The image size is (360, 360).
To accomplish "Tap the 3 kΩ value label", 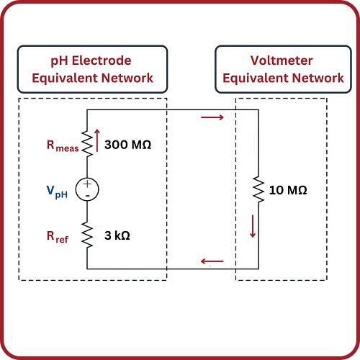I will pos(122,235).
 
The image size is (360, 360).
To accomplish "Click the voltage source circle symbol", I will pos(87,189).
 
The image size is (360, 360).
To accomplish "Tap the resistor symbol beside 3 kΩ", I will pos(87,234).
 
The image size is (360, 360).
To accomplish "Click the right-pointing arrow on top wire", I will pos(214,117).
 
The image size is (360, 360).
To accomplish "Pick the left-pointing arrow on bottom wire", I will pos(213,261).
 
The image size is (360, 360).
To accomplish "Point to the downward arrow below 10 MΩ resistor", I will pos(253,227).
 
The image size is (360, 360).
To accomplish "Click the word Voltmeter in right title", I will pos(277,60).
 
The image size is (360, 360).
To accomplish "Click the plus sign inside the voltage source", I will pos(87,184).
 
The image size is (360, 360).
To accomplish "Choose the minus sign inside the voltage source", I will pos(87,195).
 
